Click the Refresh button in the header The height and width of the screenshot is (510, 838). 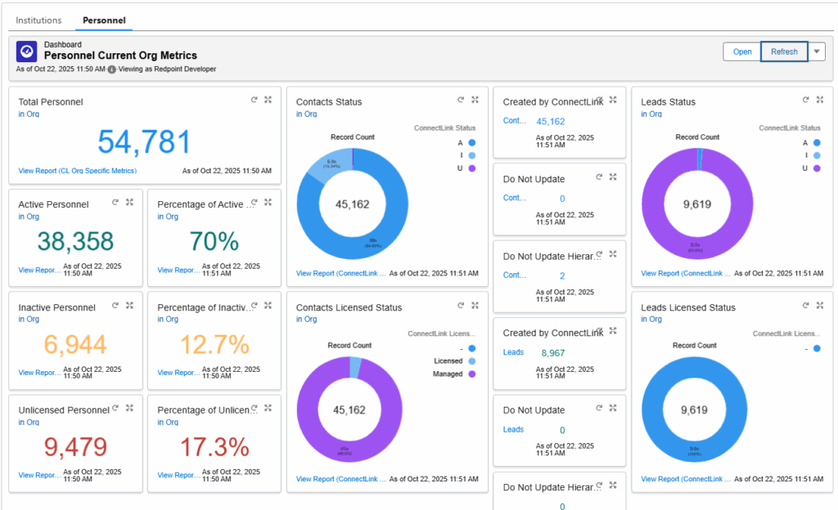(x=783, y=51)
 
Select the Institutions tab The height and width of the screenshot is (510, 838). (x=38, y=20)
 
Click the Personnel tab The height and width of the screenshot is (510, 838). (x=104, y=20)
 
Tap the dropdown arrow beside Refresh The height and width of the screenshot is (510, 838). (x=817, y=51)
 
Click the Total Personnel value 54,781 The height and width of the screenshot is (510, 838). (x=144, y=142)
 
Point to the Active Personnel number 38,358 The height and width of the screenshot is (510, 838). (x=75, y=241)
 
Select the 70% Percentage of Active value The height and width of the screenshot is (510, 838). (x=214, y=241)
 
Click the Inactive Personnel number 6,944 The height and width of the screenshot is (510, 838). (x=75, y=345)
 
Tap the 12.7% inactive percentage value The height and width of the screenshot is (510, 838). (x=214, y=345)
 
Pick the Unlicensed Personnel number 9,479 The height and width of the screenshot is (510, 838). (x=75, y=447)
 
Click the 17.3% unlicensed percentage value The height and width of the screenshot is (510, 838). (x=214, y=447)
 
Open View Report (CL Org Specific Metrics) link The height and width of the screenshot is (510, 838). (x=77, y=171)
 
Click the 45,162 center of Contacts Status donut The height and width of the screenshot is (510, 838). (x=352, y=204)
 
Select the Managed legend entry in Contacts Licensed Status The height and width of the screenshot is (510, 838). (x=448, y=374)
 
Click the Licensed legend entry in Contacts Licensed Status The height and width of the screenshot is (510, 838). (x=448, y=360)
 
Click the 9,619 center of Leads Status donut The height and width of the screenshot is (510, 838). (x=696, y=204)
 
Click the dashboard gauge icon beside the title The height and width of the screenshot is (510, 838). (x=26, y=51)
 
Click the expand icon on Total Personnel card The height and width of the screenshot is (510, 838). (x=268, y=100)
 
